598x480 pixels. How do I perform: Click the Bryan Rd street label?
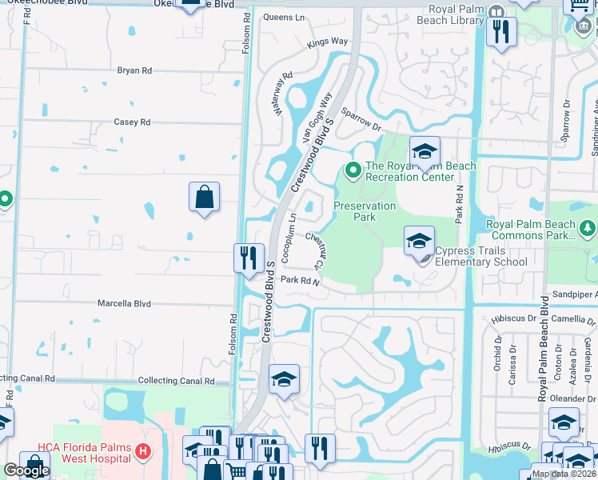click(x=134, y=71)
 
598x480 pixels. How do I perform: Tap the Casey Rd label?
click(x=133, y=122)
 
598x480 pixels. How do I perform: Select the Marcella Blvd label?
click(x=124, y=304)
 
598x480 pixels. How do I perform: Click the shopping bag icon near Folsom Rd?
click(x=205, y=197)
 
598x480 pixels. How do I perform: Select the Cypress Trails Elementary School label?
click(x=481, y=256)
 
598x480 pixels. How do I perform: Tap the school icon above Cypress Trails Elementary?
click(x=419, y=239)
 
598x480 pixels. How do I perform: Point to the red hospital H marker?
click(x=142, y=452)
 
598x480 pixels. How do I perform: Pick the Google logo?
click(x=26, y=470)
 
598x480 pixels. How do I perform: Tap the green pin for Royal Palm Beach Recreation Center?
click(x=352, y=170)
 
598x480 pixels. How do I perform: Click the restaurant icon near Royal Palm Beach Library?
click(x=501, y=32)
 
